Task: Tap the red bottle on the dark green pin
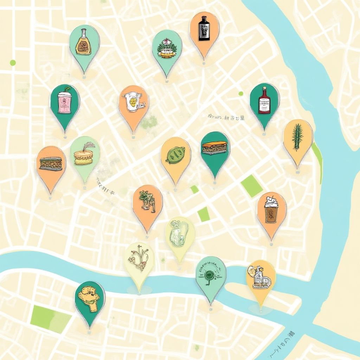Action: [x=264, y=101]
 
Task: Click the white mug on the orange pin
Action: [x=134, y=103]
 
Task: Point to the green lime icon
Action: [x=175, y=155]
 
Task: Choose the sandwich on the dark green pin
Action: [x=215, y=148]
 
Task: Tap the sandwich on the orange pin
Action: [x=51, y=163]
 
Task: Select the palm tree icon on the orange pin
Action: [x=147, y=201]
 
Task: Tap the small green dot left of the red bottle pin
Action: [x=241, y=94]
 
